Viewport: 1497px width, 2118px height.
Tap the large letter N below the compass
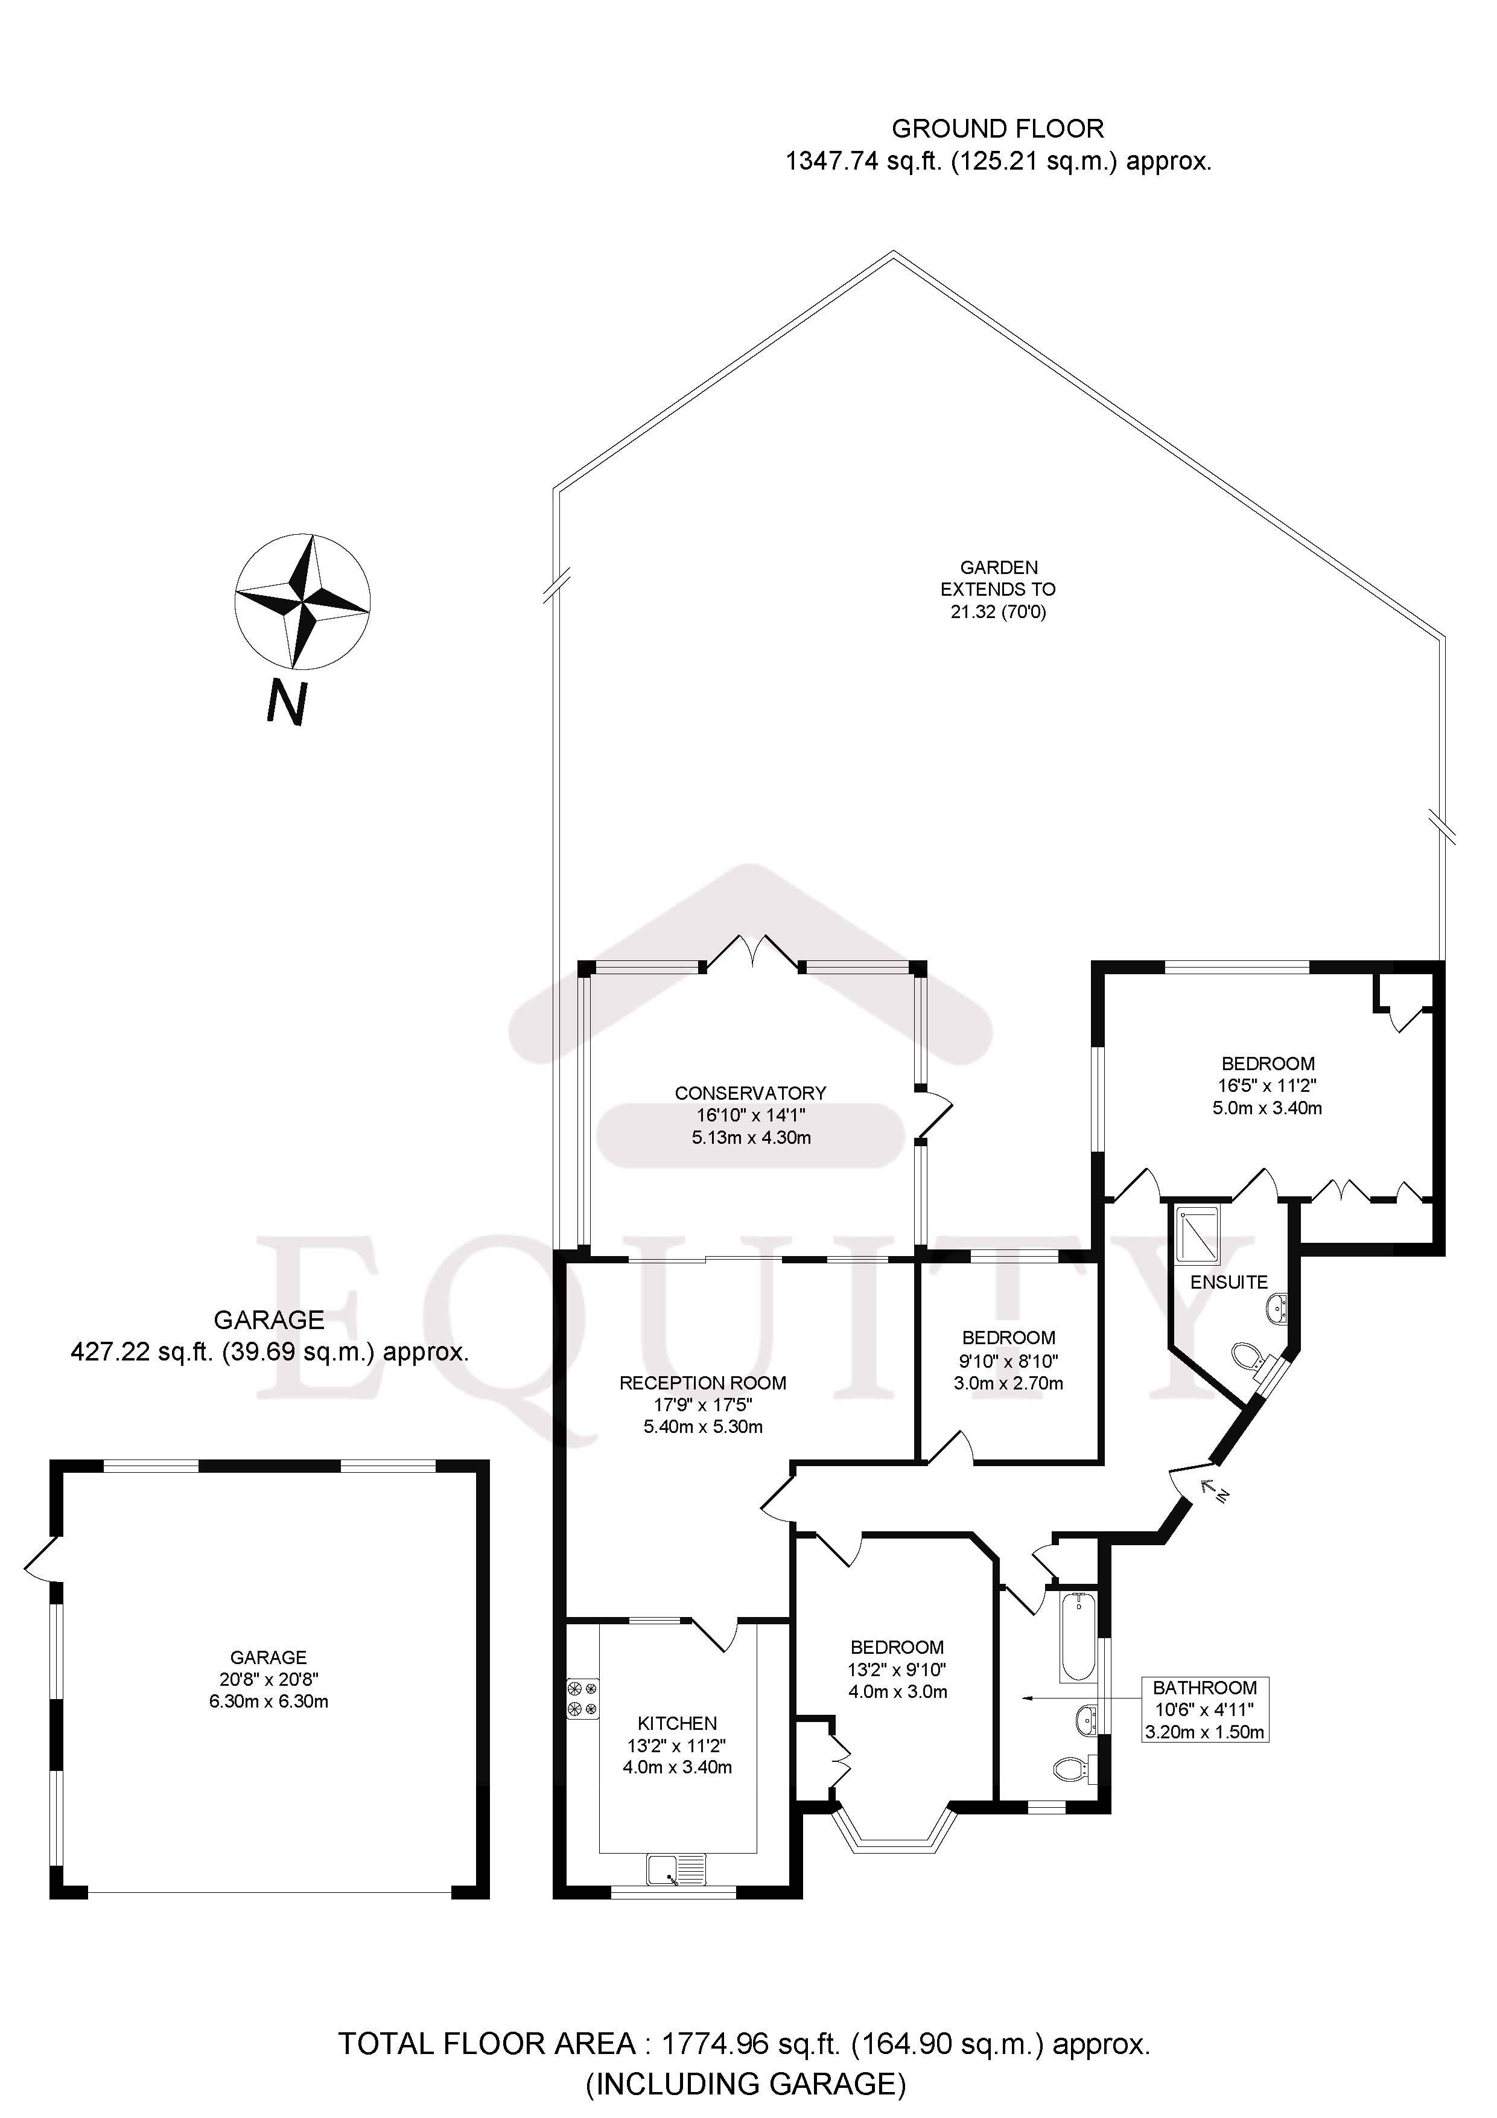point(287,703)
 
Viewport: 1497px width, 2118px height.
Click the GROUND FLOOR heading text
point(997,128)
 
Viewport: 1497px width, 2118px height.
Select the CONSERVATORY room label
point(750,1093)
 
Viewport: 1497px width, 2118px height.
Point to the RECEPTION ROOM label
point(703,1383)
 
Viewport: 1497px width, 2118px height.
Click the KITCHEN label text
point(677,1723)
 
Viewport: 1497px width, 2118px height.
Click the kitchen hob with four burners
point(583,1699)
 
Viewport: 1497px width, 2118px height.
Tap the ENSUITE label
point(1228,1282)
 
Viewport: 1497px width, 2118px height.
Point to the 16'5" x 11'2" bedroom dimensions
point(1267,1086)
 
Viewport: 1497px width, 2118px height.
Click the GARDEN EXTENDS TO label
point(998,578)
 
